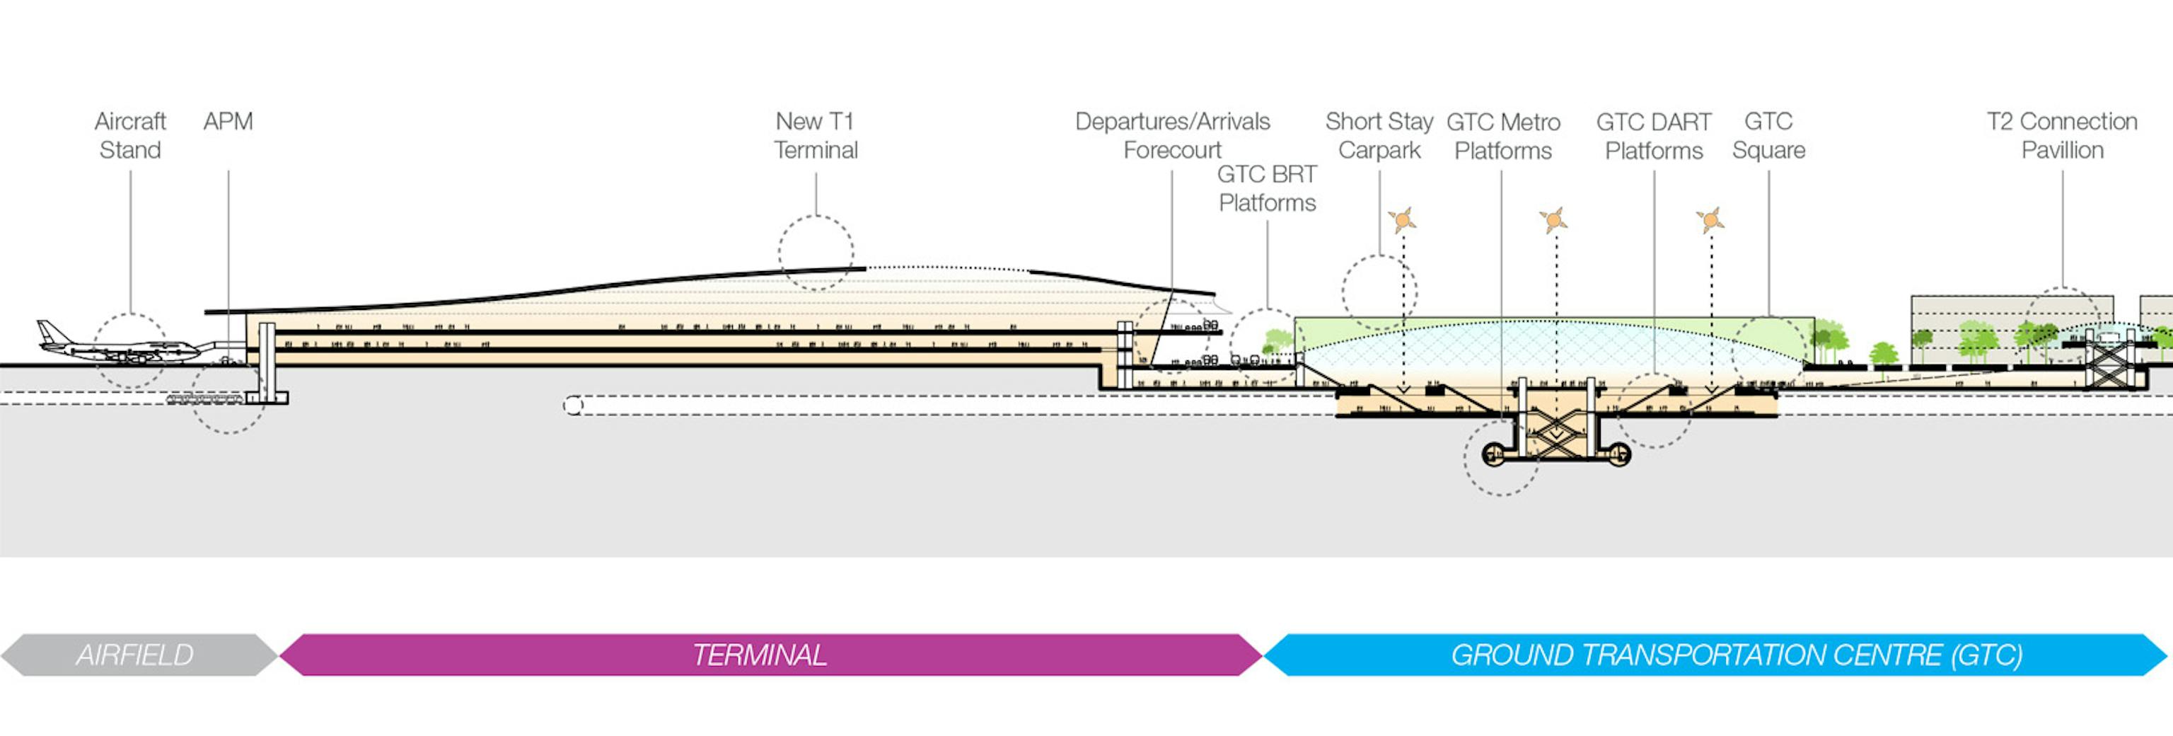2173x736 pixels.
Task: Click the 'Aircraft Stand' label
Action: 130,136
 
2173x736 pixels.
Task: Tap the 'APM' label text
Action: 228,122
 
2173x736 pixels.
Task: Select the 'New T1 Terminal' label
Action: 816,136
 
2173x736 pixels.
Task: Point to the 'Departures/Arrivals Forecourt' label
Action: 1171,136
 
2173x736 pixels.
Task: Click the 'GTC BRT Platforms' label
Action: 1266,188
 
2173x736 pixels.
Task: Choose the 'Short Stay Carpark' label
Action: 1379,136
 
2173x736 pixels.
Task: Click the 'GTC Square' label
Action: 1768,136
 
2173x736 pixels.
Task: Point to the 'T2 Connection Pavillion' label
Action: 2062,136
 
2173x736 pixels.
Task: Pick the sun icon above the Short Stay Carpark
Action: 1402,220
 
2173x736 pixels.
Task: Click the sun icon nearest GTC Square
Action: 1710,220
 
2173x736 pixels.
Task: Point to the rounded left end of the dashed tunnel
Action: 574,406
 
